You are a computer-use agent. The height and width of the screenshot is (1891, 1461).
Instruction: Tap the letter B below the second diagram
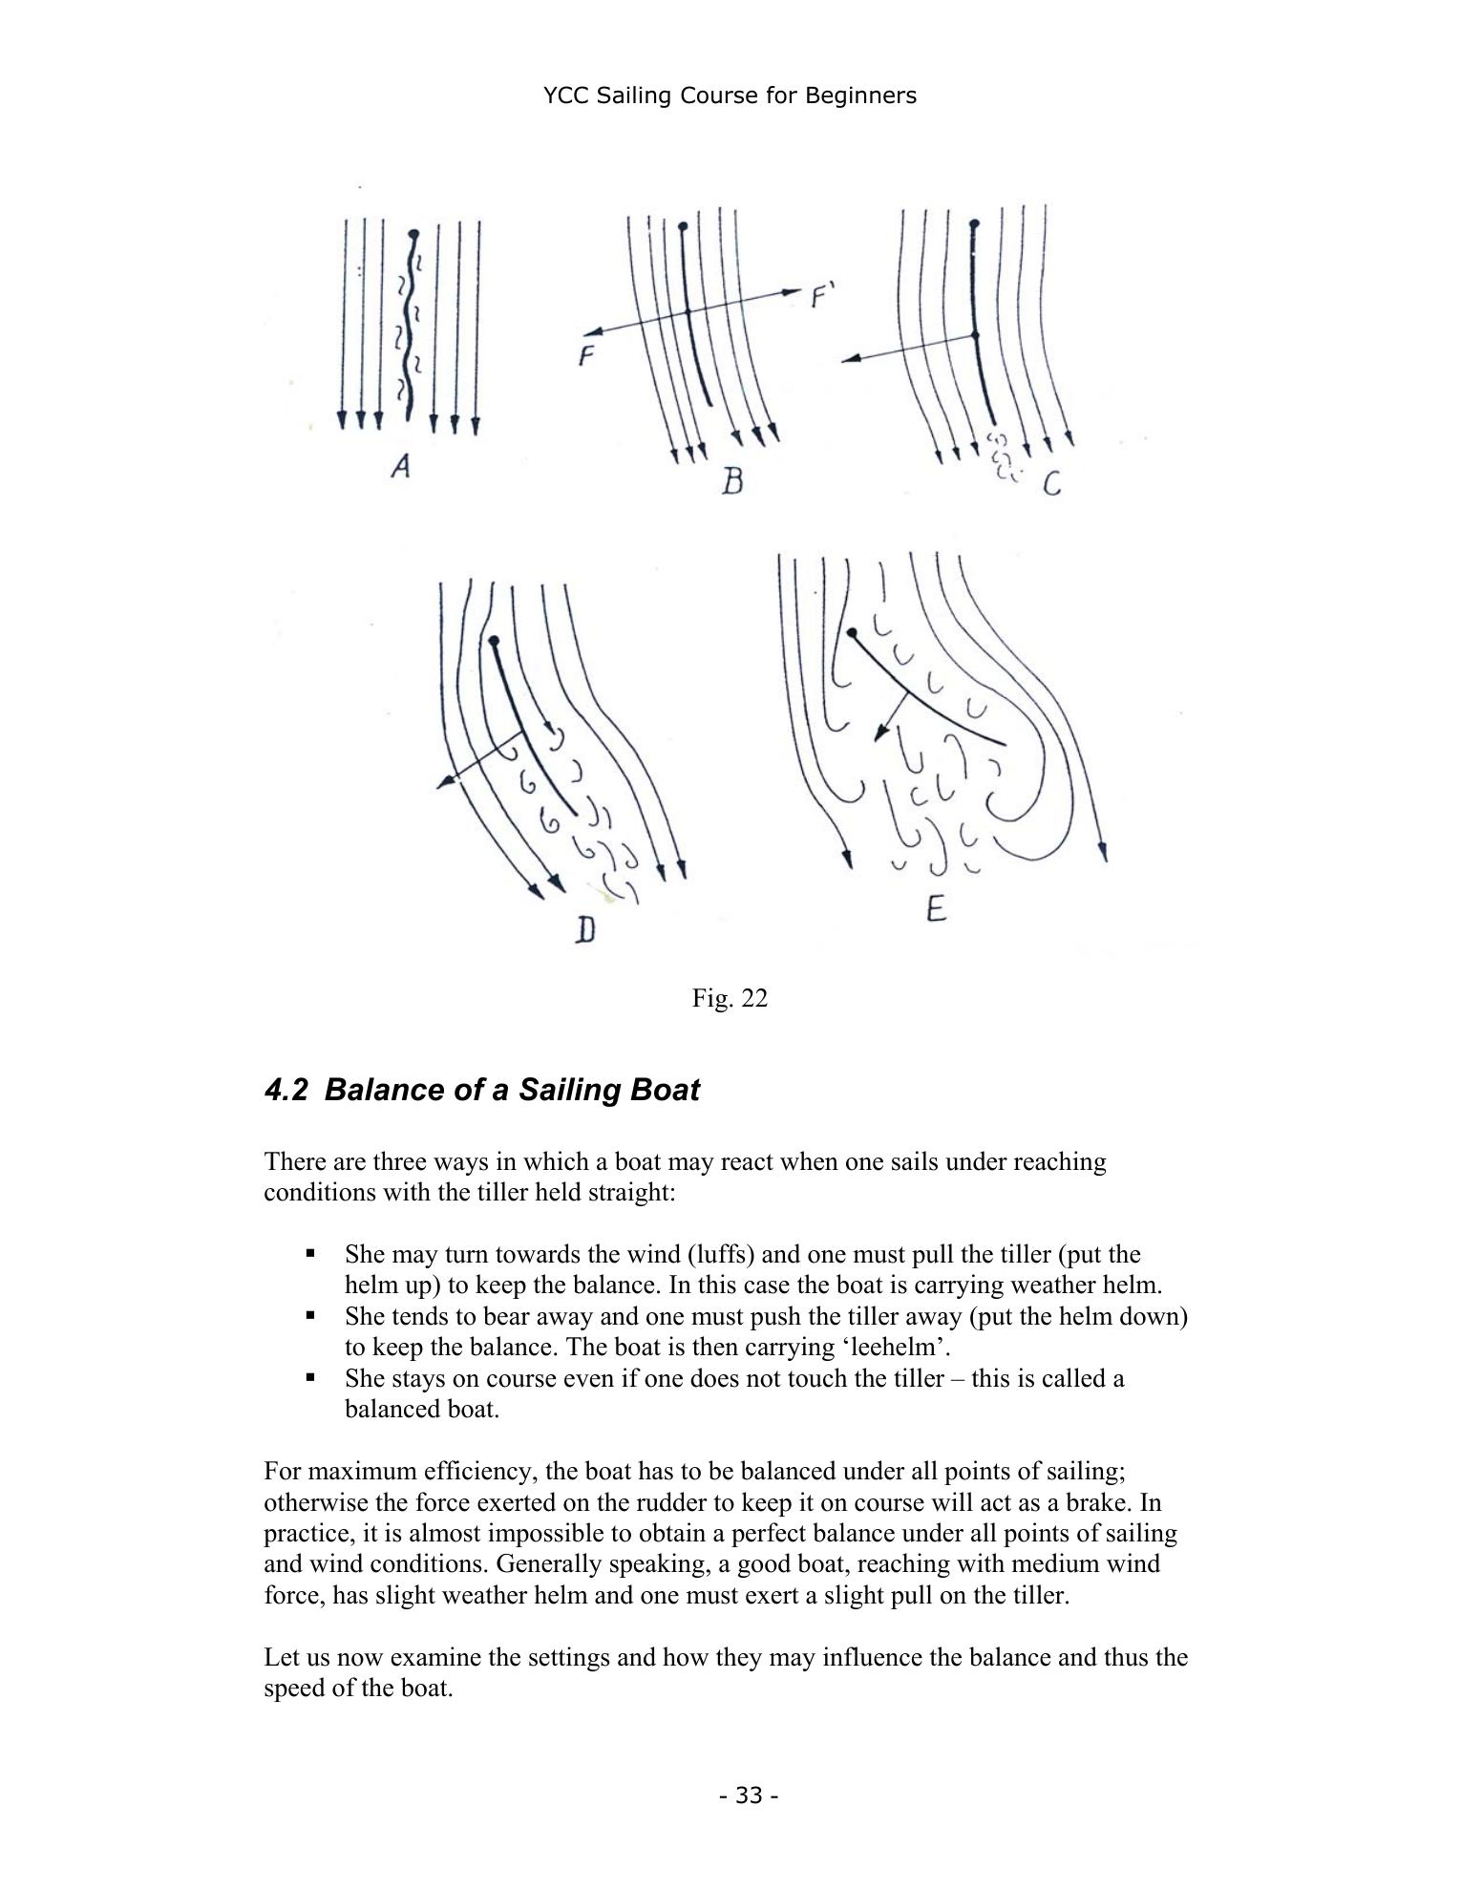point(731,479)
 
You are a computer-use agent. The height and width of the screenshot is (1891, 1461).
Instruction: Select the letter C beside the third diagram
point(1051,485)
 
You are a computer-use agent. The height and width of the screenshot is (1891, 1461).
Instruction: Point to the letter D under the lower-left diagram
point(585,928)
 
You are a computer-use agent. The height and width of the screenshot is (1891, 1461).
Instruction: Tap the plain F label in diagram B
point(586,357)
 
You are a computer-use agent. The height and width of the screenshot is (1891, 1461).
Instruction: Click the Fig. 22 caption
point(730,998)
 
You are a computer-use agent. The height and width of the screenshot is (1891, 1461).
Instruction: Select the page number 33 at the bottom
point(750,1795)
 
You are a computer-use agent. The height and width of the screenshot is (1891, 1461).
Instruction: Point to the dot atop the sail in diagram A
point(413,233)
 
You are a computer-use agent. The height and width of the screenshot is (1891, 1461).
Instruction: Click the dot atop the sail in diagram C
point(973,224)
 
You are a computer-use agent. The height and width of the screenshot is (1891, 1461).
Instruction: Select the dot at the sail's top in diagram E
point(852,631)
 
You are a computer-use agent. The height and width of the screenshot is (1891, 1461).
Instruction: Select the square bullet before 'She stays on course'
point(310,1377)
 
